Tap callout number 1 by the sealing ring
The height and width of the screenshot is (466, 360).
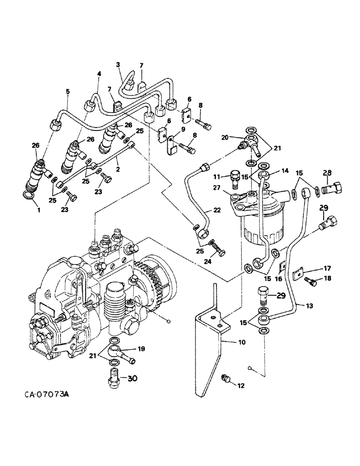click(x=39, y=210)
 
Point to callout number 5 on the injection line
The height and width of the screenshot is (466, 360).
click(x=68, y=92)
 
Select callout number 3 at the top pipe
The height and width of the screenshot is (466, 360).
click(x=118, y=64)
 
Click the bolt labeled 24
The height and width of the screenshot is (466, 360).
click(x=218, y=252)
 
